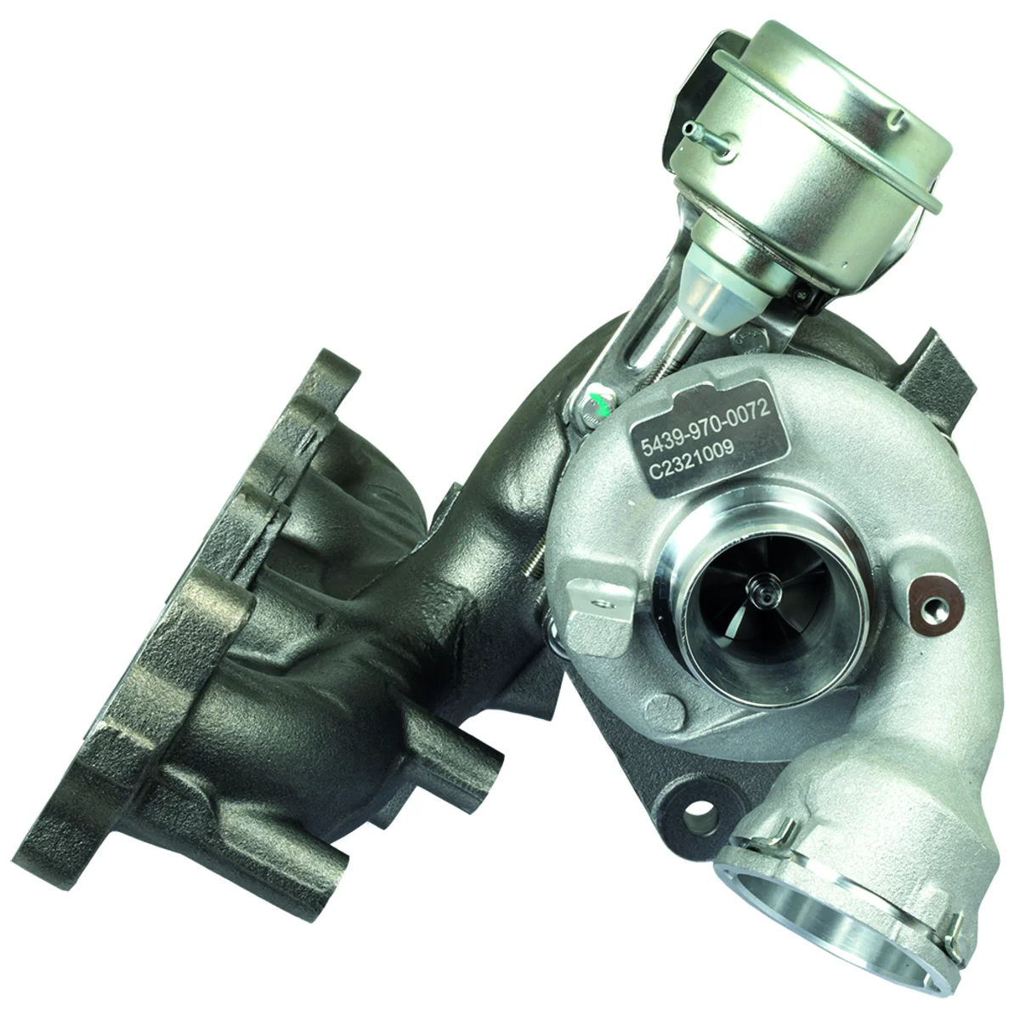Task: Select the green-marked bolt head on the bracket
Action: click(598, 402)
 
